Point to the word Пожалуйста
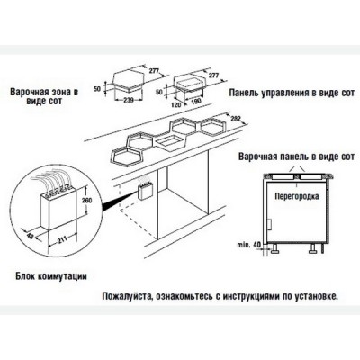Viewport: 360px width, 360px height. [119, 293]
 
